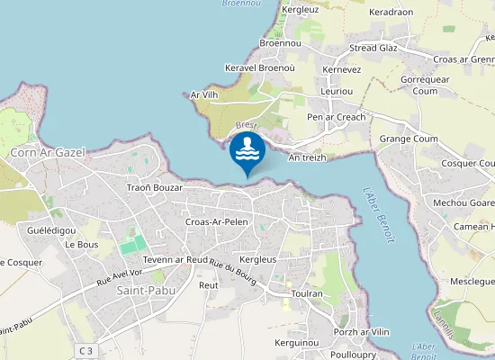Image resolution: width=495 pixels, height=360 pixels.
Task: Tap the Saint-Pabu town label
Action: point(145,290)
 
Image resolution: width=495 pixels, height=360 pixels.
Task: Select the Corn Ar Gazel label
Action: point(48,153)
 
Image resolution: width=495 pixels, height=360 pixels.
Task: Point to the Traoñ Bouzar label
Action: point(155,188)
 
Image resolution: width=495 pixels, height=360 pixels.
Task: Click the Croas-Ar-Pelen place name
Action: point(216,221)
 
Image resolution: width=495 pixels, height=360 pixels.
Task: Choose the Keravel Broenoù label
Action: point(260,68)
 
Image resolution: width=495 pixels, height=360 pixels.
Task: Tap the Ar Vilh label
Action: point(205,94)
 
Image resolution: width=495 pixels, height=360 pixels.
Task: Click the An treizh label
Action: point(307,157)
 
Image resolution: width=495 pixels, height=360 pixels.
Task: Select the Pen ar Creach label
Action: point(337,118)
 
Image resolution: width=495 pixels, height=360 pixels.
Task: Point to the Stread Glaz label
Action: point(373,48)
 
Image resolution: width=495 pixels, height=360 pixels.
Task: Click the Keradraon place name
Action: point(391,13)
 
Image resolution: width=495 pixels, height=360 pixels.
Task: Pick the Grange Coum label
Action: point(408,139)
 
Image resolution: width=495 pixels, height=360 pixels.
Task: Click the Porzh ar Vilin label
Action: point(361,332)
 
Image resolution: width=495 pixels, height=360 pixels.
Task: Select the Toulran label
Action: point(307,293)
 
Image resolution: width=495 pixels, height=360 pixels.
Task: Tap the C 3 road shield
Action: point(86,350)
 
